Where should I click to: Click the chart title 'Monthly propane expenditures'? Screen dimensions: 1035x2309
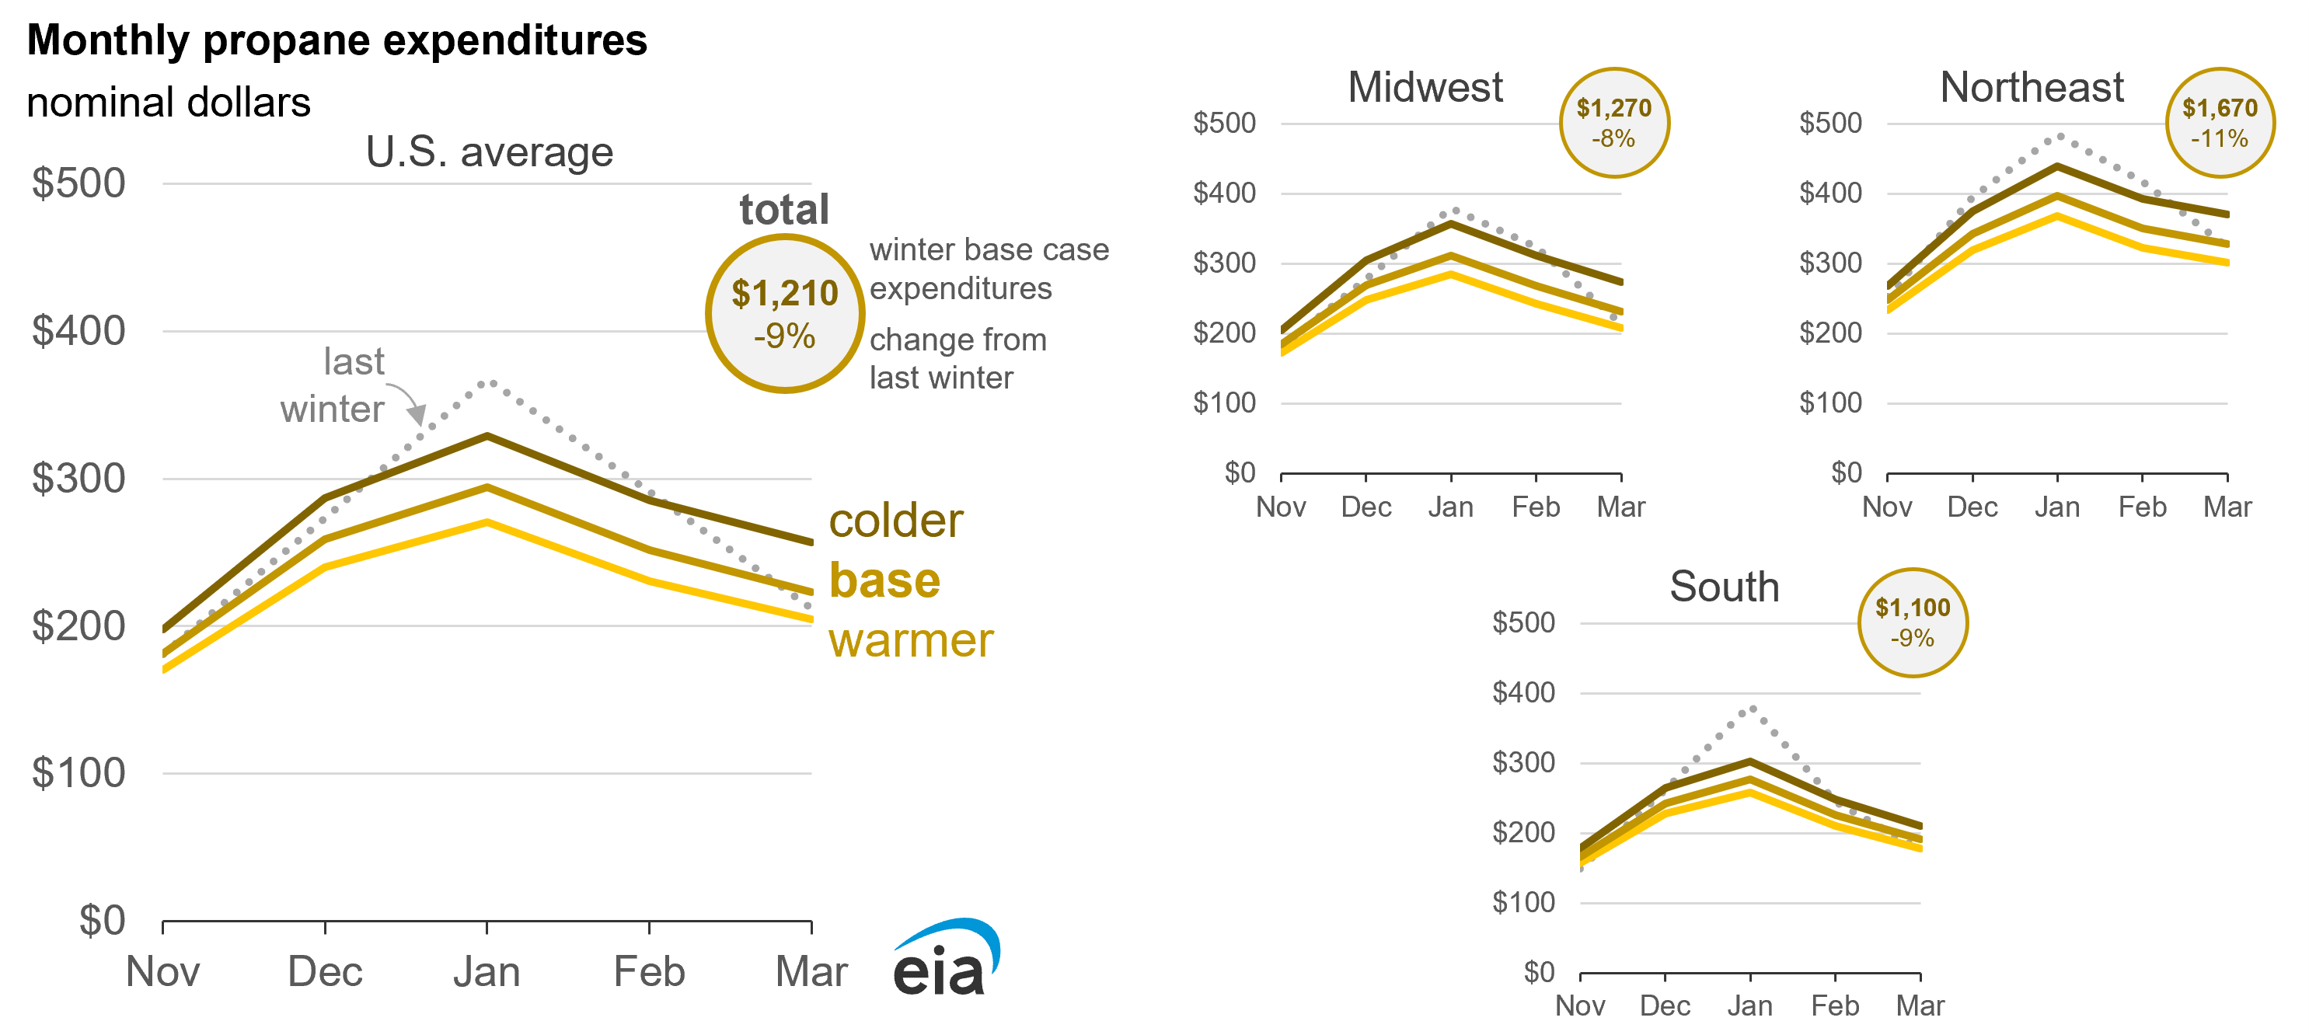337,41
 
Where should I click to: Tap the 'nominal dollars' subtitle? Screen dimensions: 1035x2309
169,102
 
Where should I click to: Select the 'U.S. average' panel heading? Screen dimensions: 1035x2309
490,152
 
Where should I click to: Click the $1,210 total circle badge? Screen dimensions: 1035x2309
784,314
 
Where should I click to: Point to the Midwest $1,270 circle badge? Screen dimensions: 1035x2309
1613,123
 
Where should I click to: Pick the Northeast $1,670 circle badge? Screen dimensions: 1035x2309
2220,123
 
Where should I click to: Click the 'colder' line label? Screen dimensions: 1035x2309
895,521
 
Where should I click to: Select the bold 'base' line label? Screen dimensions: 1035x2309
884,580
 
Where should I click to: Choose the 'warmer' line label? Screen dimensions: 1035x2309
911,641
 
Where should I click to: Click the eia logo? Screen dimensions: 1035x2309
946,959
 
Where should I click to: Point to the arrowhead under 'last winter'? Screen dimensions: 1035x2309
416,415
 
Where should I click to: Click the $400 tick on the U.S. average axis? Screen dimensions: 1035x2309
78,331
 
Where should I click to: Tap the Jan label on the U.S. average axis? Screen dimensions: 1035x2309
486,971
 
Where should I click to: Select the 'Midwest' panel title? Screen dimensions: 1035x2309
1425,87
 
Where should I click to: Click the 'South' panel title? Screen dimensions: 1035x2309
1724,587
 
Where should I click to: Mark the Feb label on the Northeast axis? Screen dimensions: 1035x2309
2141,507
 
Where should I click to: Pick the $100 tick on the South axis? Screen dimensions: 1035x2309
1523,902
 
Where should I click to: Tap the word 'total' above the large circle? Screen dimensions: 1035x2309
783,210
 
